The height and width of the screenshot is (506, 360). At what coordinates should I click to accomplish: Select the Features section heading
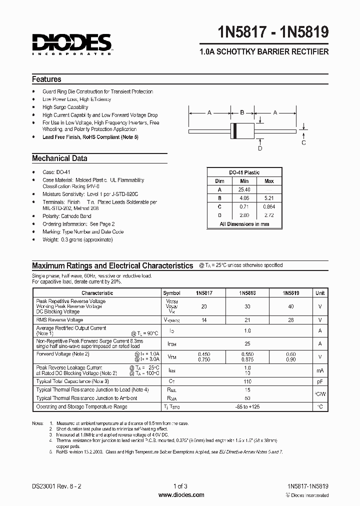(46, 79)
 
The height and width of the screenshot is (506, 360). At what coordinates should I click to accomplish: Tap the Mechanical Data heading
(59, 158)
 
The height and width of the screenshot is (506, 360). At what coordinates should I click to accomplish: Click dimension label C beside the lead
(303, 142)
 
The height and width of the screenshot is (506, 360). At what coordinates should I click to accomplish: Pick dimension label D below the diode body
(259, 148)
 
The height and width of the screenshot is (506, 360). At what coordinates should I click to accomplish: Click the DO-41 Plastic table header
(244, 172)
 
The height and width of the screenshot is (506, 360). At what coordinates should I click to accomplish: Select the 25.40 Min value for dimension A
(244, 189)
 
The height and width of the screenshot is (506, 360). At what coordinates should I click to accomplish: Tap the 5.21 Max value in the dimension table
(269, 198)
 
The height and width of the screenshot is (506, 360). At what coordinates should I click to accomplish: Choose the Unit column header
(320, 293)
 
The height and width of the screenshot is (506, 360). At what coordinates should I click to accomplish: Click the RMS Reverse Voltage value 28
(291, 319)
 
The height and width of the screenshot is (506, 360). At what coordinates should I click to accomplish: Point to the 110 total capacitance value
(247, 381)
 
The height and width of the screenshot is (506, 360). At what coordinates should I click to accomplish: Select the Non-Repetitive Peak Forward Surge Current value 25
(247, 344)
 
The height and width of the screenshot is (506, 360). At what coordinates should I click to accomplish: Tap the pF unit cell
(320, 381)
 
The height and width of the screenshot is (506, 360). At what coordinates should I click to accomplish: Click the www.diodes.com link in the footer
(180, 495)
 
